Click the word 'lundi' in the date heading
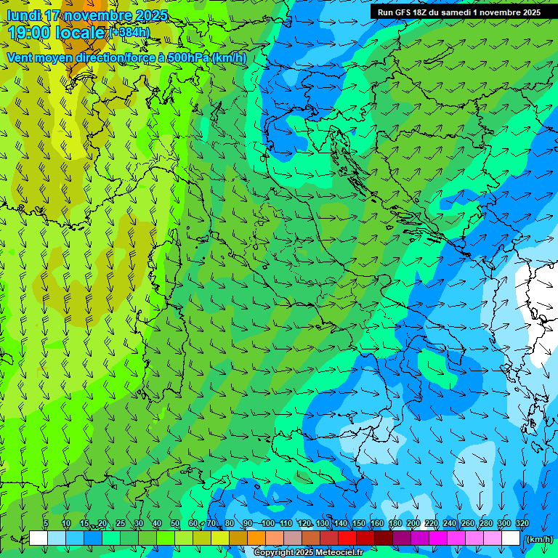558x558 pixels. point(23,15)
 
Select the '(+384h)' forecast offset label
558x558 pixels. point(129,33)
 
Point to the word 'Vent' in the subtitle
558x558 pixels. point(20,57)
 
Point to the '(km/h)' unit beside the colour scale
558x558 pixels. point(538,539)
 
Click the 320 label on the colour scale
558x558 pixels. point(522,524)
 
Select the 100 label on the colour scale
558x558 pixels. point(268,524)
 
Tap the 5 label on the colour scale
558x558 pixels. point(46,524)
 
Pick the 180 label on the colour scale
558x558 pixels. point(395,524)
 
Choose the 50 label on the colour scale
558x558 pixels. point(175,524)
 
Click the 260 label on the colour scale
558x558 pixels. point(468,524)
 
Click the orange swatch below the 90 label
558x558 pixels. point(256,538)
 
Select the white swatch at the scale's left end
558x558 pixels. point(39,538)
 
